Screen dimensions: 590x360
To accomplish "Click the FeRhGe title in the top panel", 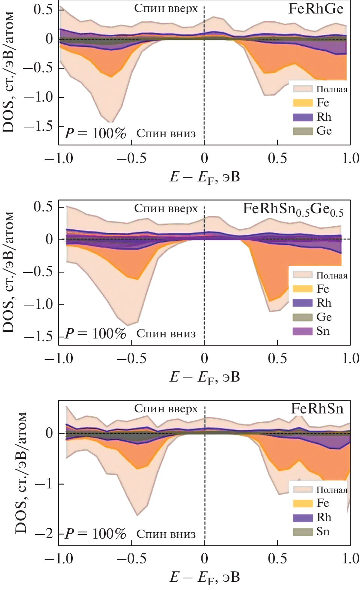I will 316,9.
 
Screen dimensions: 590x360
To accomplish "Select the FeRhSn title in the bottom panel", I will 317,409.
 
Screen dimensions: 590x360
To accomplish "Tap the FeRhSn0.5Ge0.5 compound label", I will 293,209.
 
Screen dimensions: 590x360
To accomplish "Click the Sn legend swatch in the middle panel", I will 303,331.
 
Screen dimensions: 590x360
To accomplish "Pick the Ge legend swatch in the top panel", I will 303,131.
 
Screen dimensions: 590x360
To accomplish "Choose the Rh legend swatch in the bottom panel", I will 303,518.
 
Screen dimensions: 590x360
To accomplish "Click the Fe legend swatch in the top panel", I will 303,103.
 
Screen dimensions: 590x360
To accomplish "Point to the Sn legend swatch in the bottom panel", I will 303,532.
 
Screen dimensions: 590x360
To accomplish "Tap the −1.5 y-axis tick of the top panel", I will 39,126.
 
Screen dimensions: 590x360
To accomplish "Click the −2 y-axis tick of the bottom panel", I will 44,533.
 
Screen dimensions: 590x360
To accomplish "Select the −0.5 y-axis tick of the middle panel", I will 39,272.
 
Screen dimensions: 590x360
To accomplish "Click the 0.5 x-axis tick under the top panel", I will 277,158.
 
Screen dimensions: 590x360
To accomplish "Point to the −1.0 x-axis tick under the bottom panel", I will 59,559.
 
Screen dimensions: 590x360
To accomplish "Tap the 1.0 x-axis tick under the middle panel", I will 350,358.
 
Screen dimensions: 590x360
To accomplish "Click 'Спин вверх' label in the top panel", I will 166,9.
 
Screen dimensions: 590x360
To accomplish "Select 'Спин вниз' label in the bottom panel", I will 166,534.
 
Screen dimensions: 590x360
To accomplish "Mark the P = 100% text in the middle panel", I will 95,333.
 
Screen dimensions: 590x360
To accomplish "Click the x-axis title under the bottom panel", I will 204,578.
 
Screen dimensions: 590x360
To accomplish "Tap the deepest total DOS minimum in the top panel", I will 111,122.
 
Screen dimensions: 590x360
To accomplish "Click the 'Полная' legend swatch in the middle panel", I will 303,275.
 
